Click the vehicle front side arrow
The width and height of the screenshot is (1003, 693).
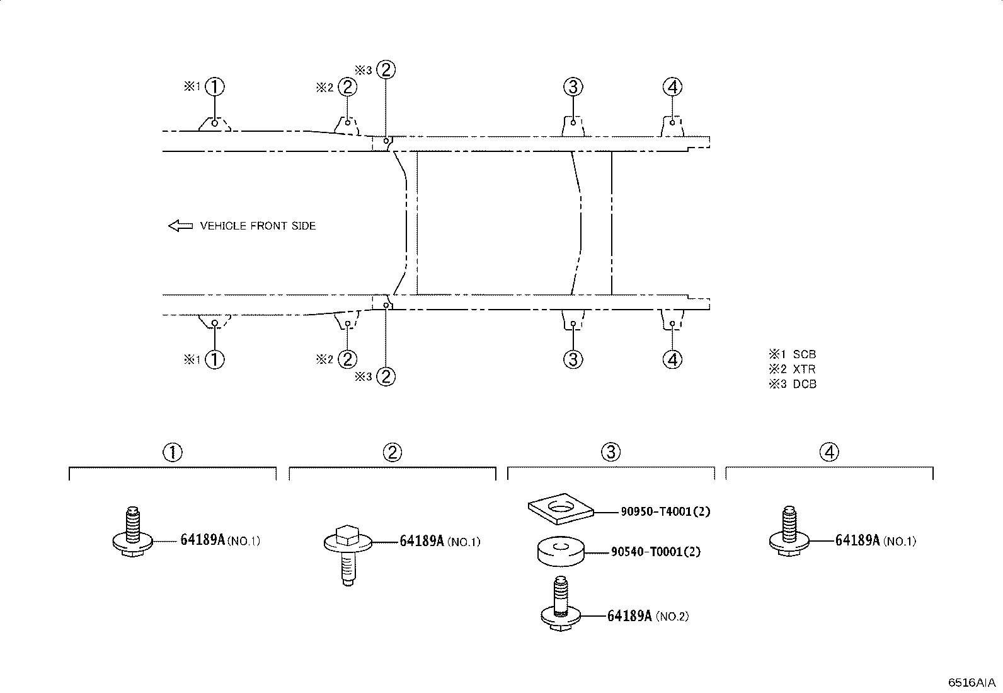pos(180,226)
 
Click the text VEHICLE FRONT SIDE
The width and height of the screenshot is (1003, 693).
pos(258,226)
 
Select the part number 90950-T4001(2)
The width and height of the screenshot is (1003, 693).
pos(665,511)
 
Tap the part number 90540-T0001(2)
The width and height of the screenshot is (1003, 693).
pos(655,551)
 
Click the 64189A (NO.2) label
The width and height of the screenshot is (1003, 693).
pos(648,616)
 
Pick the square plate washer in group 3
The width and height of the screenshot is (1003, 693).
pos(561,508)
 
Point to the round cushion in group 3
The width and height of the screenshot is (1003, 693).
pos(561,551)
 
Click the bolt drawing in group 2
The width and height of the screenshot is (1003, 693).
pos(348,555)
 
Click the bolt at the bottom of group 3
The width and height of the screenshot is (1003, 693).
pos(561,603)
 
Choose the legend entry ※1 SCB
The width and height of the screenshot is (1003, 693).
pos(793,354)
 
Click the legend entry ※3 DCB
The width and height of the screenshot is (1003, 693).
pos(793,384)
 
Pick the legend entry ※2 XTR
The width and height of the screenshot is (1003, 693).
pos(792,369)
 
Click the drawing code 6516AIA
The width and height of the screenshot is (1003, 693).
pos(971,682)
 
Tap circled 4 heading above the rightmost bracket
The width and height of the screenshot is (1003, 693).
pos(829,452)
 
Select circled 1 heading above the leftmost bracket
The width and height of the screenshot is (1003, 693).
pos(173,452)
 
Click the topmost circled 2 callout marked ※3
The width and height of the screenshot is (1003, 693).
pos(386,70)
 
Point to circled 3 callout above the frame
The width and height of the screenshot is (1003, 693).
pos(573,87)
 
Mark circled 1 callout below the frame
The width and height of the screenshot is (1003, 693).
pos(214,359)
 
